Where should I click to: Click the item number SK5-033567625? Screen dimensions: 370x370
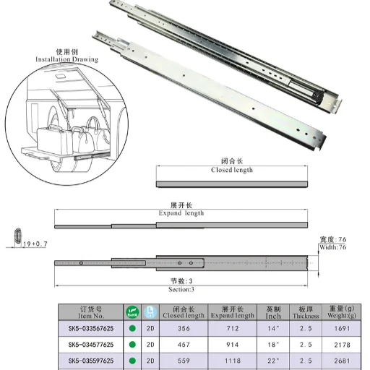(91, 328)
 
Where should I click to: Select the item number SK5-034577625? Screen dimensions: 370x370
(91, 345)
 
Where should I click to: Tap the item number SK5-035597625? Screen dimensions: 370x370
(91, 361)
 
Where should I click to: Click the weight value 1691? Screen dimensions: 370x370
(343, 328)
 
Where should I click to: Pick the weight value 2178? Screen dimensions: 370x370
(343, 345)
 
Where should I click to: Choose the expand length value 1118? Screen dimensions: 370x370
(232, 361)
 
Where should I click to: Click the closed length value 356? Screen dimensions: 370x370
(184, 328)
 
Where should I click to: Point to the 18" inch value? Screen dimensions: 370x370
(273, 345)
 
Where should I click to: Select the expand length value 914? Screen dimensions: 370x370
(232, 345)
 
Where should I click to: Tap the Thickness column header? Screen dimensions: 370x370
(306, 312)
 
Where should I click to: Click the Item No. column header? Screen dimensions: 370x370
(91, 312)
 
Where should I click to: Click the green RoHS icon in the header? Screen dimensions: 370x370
(132, 311)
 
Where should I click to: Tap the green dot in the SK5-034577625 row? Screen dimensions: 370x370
(132, 345)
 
